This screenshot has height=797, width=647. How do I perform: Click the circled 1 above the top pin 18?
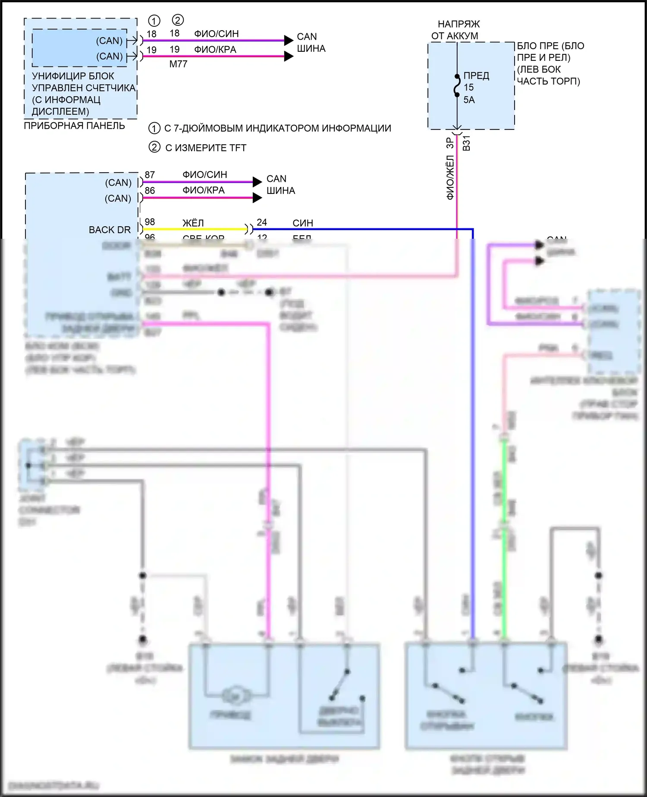(154, 21)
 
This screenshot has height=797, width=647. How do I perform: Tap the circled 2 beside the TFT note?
(154, 147)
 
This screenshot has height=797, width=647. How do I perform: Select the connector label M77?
(178, 64)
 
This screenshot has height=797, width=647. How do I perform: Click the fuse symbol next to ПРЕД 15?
(457, 85)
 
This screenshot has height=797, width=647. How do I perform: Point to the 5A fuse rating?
(469, 100)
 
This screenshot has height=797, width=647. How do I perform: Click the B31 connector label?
(466, 143)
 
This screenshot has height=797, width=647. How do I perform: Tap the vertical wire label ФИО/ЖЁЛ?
(450, 178)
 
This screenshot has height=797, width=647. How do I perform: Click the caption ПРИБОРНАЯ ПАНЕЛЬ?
(74, 126)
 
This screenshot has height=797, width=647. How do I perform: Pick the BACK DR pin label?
(110, 230)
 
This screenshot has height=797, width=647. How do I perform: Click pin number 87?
(150, 175)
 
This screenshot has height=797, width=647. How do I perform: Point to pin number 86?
(150, 190)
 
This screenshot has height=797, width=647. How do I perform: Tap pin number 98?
(150, 222)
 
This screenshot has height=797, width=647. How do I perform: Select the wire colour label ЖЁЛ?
(193, 223)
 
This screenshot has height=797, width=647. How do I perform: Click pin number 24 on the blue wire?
(262, 222)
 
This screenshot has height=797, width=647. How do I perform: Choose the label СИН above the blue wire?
(303, 223)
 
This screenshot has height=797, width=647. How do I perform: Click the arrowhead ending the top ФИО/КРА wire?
(289, 56)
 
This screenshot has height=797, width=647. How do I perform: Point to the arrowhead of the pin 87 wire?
(257, 182)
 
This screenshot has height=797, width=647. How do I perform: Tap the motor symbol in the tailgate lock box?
(236, 696)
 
